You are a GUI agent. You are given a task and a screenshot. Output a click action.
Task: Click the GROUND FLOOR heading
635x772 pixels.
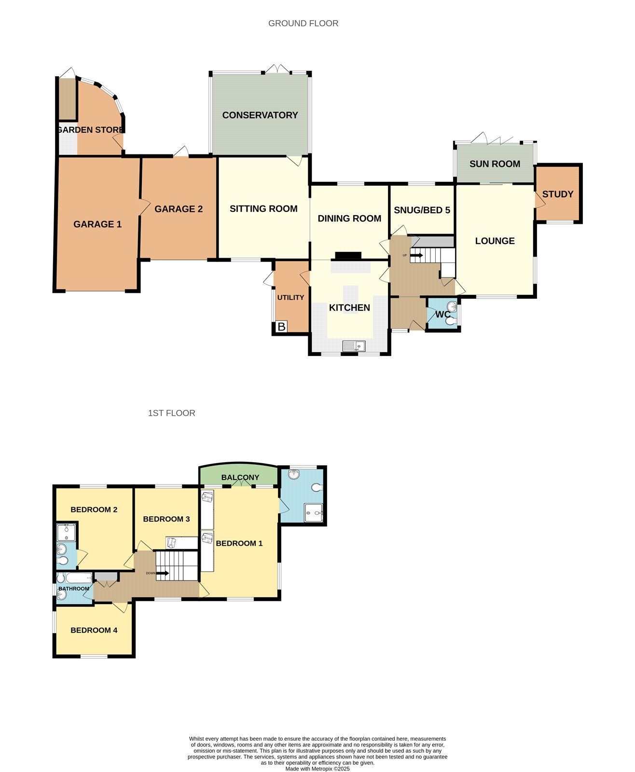[x=303, y=23]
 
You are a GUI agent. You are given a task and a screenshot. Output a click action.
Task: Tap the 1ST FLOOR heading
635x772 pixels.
[x=171, y=413]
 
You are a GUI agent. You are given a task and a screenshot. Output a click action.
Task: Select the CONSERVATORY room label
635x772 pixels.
[x=260, y=115]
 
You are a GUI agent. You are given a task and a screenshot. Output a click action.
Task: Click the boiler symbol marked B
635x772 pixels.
[x=281, y=327]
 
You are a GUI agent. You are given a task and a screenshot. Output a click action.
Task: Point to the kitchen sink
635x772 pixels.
[x=354, y=345]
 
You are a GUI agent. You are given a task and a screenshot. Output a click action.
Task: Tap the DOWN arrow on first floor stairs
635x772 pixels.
[x=163, y=573]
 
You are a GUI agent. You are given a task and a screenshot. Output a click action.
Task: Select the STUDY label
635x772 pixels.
[x=557, y=194]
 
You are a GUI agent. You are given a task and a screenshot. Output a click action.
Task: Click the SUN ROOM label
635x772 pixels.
[x=495, y=164]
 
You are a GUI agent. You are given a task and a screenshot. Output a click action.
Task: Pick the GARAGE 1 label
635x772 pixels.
[x=97, y=224]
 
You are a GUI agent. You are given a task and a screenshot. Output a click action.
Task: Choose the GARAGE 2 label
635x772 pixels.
[x=179, y=209]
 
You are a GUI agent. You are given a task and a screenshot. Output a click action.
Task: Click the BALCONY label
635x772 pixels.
[x=240, y=477]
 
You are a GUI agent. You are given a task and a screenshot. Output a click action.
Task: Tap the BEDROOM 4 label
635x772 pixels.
[x=94, y=630]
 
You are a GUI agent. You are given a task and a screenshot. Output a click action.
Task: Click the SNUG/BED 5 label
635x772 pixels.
[x=422, y=210]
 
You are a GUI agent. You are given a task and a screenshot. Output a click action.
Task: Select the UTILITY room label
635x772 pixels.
[x=290, y=297]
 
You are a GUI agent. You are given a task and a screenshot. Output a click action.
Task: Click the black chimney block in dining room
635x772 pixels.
[x=348, y=256]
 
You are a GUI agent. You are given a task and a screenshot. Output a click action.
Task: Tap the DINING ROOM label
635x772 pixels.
[x=349, y=218]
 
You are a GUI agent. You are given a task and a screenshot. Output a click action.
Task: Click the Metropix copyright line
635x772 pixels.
[x=317, y=769]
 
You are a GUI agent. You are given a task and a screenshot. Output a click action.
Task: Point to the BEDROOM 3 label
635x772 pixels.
[x=166, y=519]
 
